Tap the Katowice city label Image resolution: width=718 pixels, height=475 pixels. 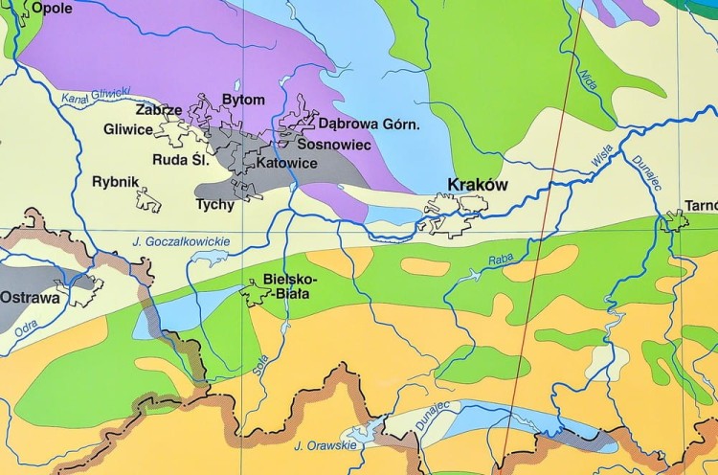point(287,163)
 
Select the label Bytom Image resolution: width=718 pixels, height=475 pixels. point(242,100)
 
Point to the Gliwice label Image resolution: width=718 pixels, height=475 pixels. point(129,129)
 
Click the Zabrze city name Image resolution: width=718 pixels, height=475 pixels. point(159,110)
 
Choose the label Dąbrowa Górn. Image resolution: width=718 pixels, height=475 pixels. point(370,124)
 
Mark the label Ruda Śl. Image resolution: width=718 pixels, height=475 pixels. point(180,160)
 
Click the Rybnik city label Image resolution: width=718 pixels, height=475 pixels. point(116,181)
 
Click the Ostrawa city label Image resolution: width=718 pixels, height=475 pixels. point(29,298)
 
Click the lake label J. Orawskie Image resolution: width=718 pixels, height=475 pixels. point(325,445)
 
